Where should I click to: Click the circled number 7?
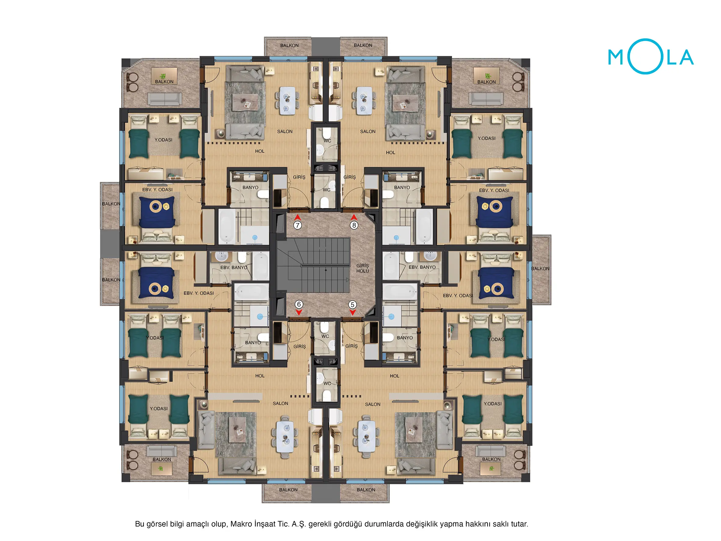click(x=297, y=225)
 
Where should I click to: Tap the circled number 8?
click(x=354, y=225)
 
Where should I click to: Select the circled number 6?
click(x=299, y=304)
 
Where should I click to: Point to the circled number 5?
click(x=352, y=305)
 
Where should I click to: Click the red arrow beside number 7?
click(x=297, y=217)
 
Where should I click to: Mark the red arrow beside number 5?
click(x=352, y=312)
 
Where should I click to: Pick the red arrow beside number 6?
click(x=299, y=312)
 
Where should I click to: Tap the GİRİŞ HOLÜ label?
click(x=362, y=268)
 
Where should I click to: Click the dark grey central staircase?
click(x=313, y=265)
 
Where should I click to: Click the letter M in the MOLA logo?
click(x=616, y=57)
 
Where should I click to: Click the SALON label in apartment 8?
click(x=368, y=131)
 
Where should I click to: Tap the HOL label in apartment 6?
click(x=260, y=376)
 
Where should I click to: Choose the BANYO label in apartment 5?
click(x=404, y=337)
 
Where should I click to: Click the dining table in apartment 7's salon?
click(x=287, y=100)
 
